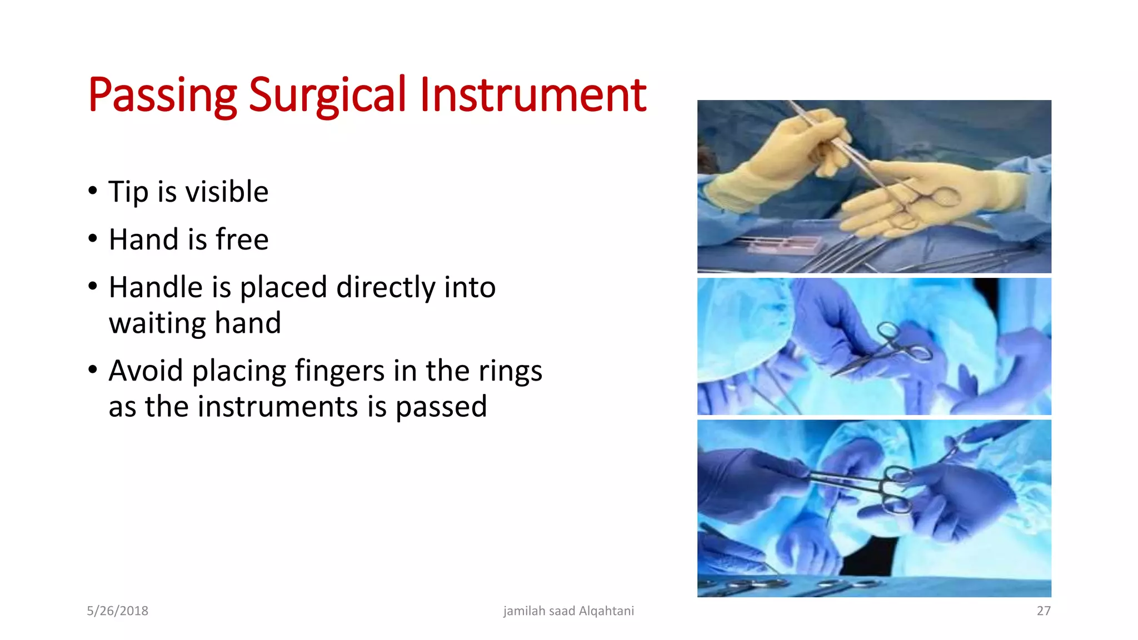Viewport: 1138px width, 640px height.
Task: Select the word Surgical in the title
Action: [x=327, y=96]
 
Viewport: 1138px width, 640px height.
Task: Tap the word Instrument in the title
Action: [x=532, y=96]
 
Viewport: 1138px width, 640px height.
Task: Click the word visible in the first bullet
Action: [x=227, y=192]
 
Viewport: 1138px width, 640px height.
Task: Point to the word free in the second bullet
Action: [x=242, y=240]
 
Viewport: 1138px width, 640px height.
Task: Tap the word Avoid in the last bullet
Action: [x=146, y=371]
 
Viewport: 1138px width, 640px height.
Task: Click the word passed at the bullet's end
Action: [x=441, y=407]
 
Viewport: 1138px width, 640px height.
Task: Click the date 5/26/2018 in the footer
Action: [x=117, y=611]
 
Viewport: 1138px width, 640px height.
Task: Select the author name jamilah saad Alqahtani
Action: [x=568, y=611]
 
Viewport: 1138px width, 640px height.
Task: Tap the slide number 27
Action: [x=1043, y=611]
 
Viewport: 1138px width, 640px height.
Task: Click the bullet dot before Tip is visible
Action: [x=93, y=191]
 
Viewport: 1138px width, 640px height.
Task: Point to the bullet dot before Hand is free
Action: [x=93, y=239]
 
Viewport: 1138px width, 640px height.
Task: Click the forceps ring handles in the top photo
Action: [x=939, y=198]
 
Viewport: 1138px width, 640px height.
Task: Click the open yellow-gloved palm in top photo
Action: [x=911, y=206]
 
